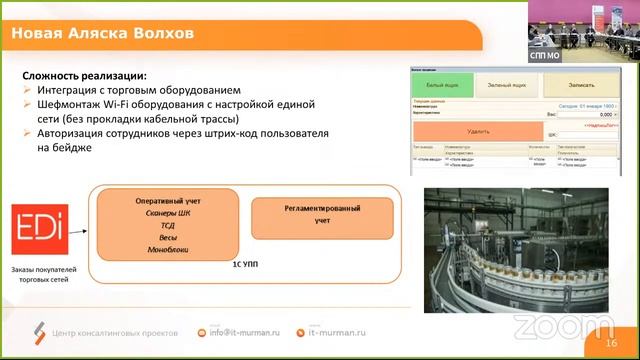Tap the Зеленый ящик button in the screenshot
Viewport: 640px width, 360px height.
pos(507,86)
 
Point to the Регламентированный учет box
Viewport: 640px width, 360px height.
pos(322,213)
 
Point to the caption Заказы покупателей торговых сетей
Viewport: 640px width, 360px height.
pos(44,275)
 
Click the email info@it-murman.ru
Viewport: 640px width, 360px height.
pos(238,332)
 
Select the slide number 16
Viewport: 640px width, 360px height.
pos(611,343)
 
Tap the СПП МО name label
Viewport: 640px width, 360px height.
pos(545,58)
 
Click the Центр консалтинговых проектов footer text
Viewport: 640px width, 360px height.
pos(115,332)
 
